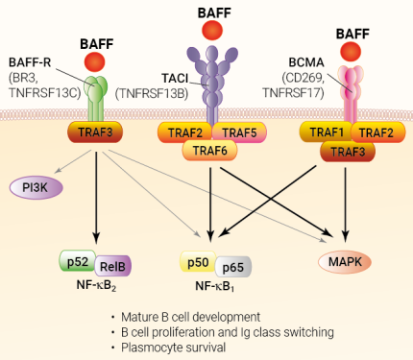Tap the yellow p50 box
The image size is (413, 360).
coord(198,261)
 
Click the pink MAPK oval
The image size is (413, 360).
coord(346,261)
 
